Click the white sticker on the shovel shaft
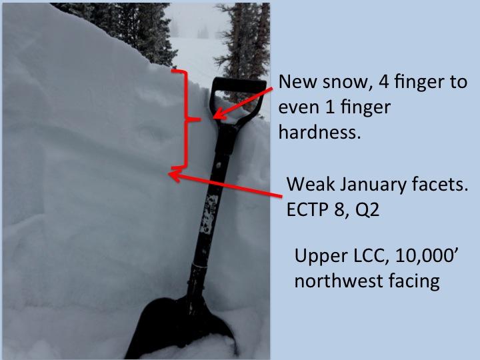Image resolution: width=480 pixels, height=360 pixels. coord(209,214)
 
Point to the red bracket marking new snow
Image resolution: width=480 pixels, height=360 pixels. coord(185,119)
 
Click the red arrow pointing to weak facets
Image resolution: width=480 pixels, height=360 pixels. coord(225,185)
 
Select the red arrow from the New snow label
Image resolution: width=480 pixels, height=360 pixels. coord(243,103)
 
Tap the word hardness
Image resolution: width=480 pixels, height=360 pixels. coord(319,132)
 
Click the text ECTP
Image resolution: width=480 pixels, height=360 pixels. coord(307,210)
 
